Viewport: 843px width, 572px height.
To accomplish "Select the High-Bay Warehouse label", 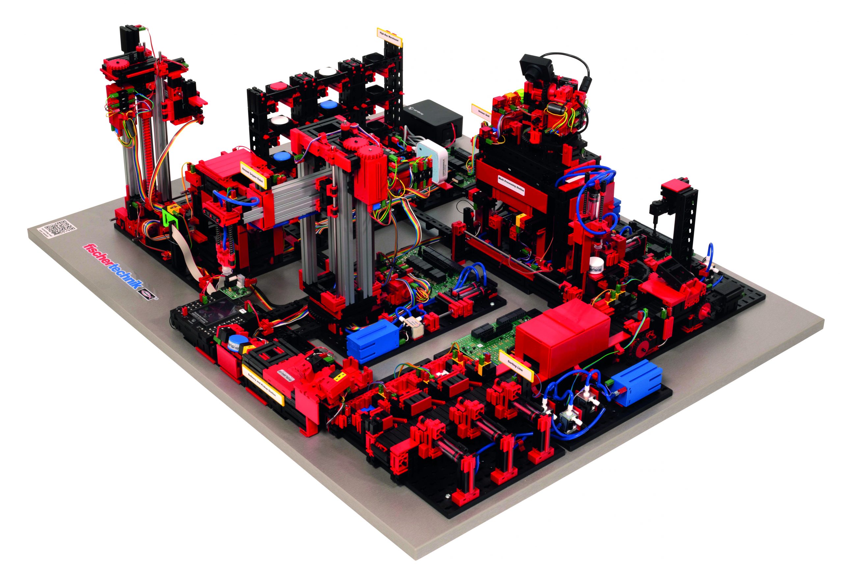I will click(389, 36).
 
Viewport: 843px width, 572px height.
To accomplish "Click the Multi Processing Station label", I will click(511, 185).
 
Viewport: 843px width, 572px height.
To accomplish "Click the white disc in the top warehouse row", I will click(326, 72).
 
